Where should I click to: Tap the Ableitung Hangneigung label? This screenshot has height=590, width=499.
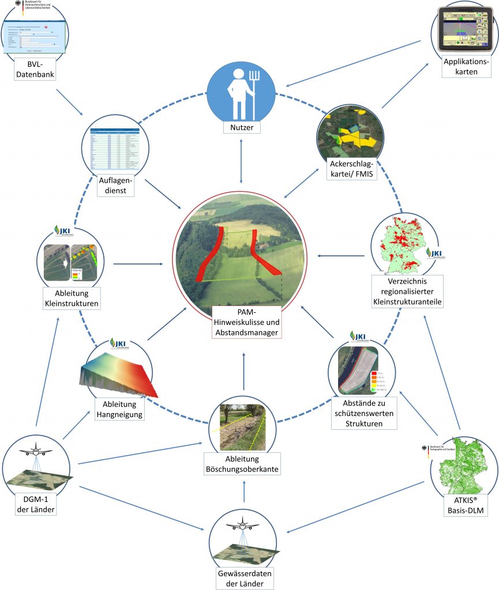click(119, 409)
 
